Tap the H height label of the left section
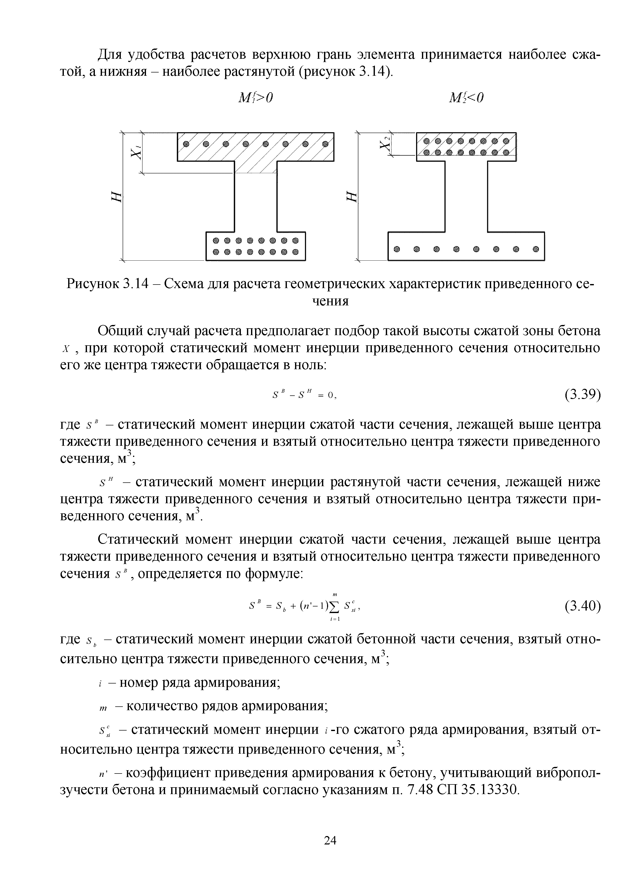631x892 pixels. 116,197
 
